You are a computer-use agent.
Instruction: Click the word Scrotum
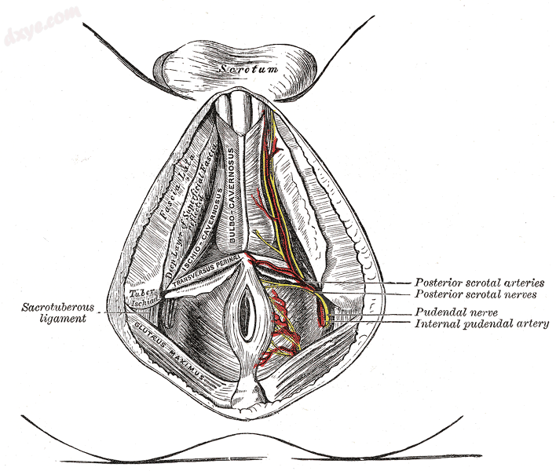248,68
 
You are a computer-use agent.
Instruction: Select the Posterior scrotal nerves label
476,295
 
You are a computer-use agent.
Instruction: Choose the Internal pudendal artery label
481,323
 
